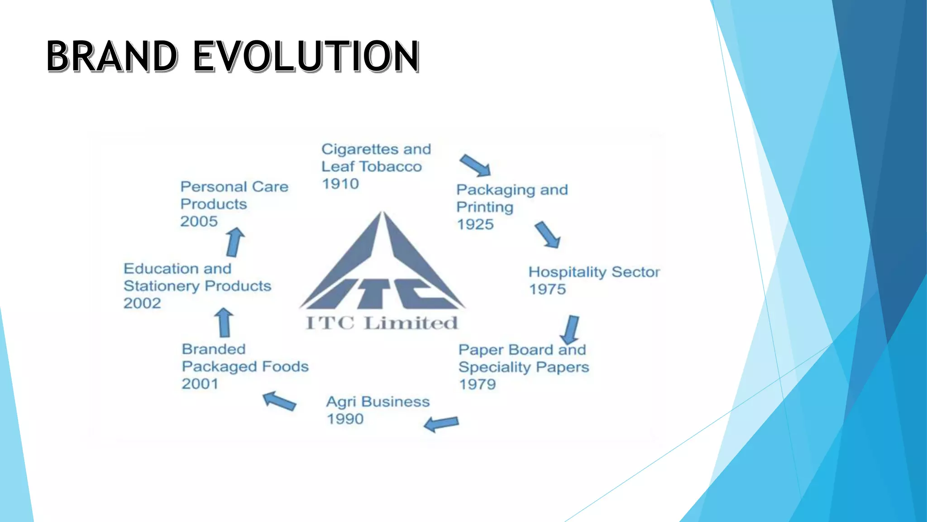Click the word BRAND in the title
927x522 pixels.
point(112,56)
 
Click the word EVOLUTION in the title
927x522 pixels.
point(306,56)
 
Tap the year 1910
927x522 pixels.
point(340,184)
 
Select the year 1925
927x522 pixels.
point(475,224)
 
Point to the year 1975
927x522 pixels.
point(547,289)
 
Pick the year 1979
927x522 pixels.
point(478,384)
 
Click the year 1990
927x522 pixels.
point(345,419)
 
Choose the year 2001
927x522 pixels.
point(200,384)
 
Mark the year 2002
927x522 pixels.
point(142,303)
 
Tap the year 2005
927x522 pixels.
point(199,221)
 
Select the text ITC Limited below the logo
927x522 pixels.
point(382,323)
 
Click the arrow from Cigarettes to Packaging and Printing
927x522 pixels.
point(475,165)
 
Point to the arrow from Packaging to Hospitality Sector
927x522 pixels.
point(548,235)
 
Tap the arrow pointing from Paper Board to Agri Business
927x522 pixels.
point(441,424)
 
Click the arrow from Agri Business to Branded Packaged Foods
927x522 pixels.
point(279,401)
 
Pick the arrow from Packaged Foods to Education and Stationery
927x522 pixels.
point(224,323)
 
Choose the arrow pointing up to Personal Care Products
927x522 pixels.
point(235,242)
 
